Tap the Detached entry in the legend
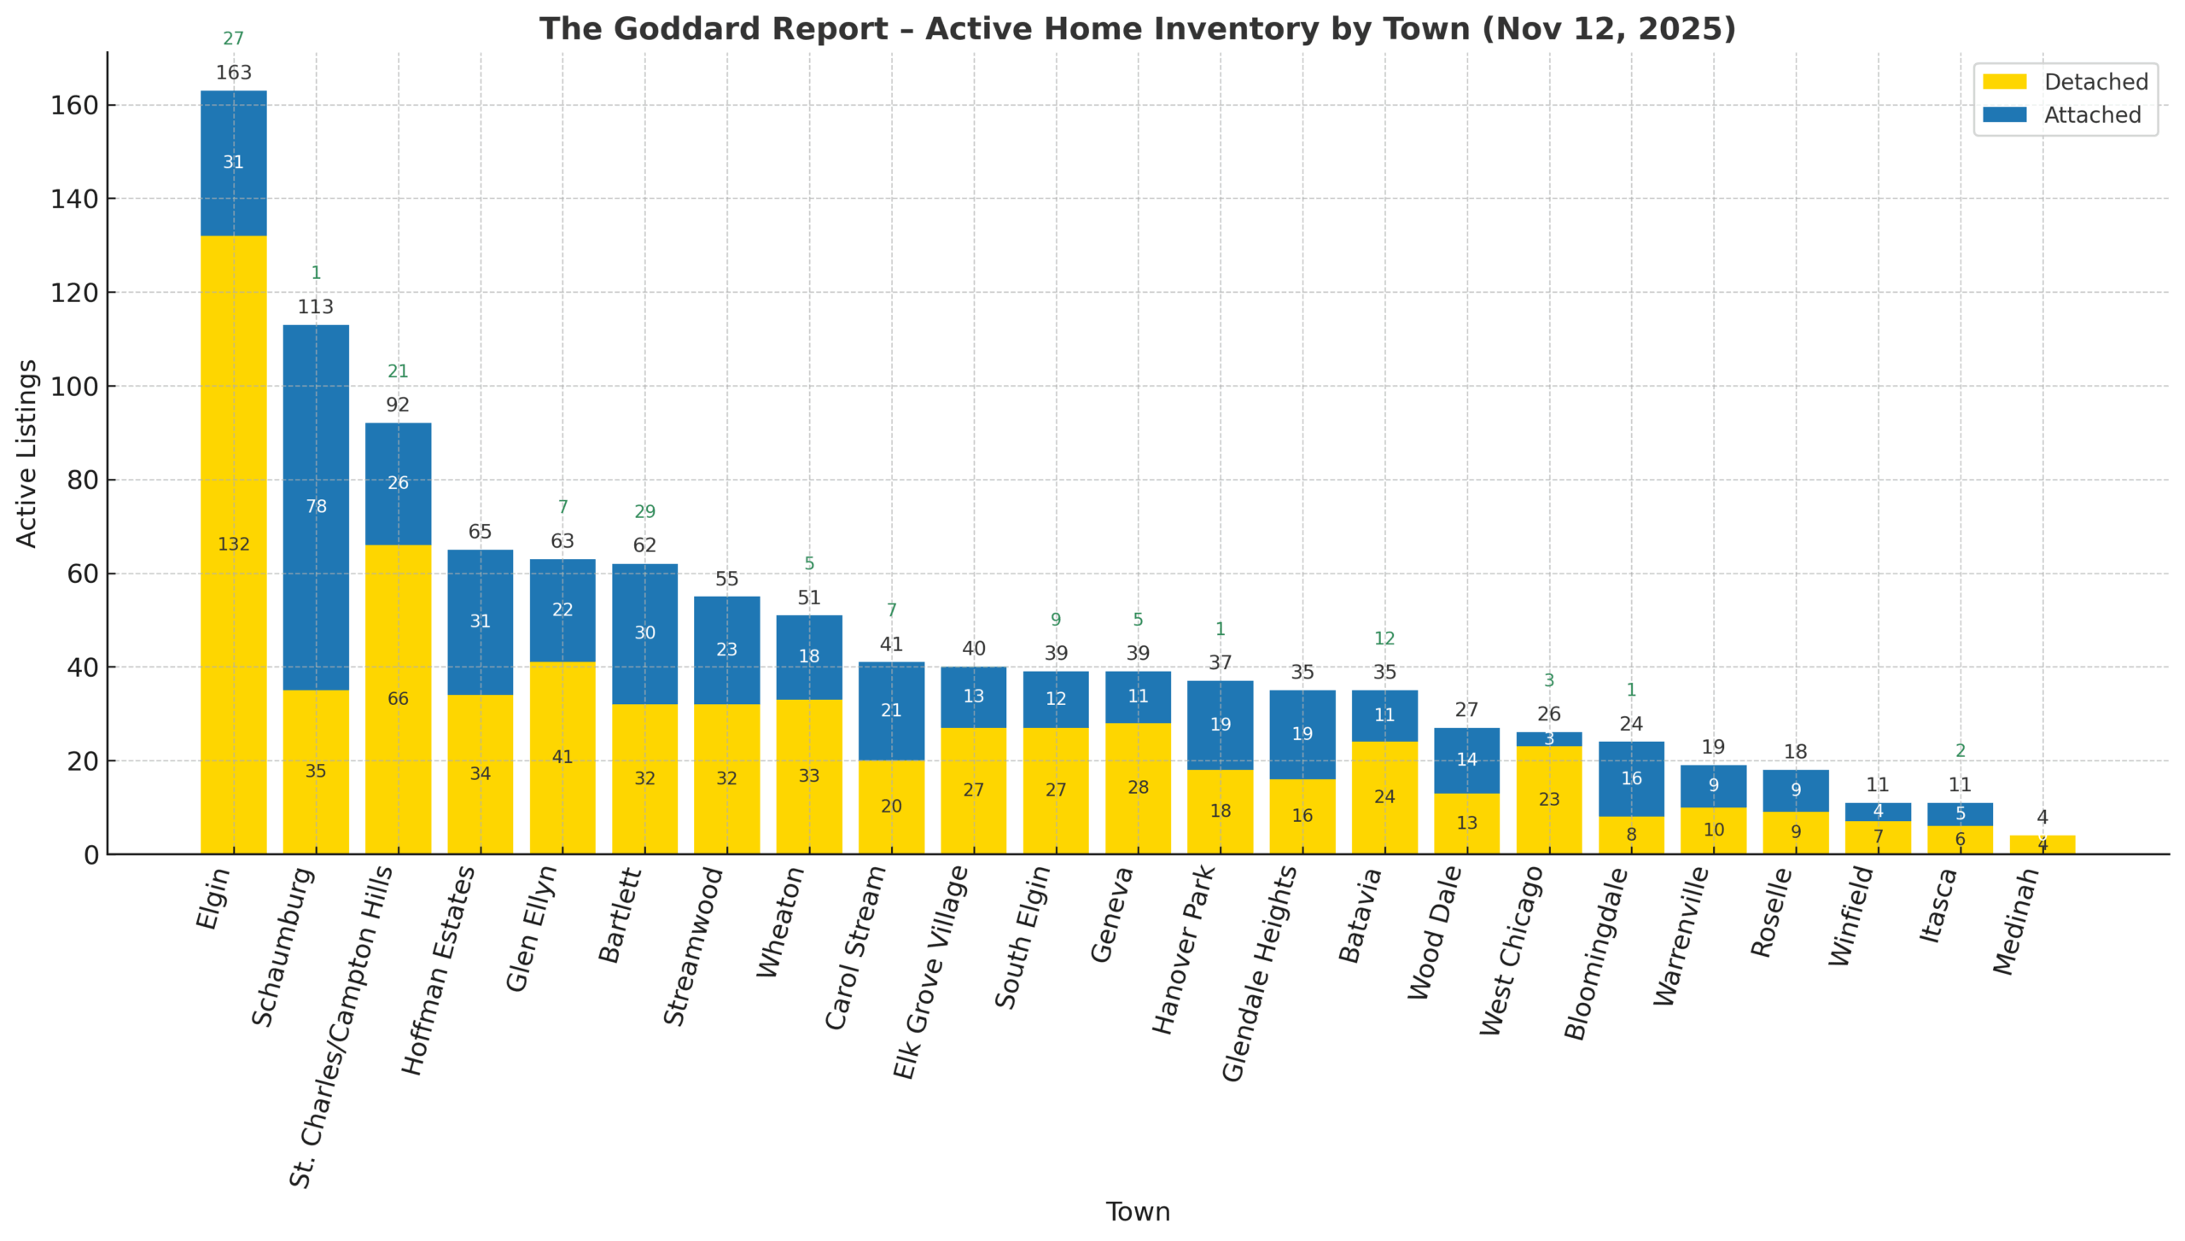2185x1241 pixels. (2095, 82)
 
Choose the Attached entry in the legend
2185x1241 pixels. (2091, 115)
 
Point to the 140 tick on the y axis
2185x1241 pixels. (75, 199)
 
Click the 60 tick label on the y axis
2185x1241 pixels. (83, 574)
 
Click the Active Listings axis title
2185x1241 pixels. (26, 453)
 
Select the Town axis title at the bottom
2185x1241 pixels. (1138, 1211)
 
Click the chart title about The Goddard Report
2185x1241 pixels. (1137, 29)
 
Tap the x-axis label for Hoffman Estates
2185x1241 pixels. (437, 970)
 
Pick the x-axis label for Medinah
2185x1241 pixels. (2016, 922)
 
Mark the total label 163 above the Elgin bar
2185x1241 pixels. (233, 73)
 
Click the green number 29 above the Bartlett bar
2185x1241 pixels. (644, 511)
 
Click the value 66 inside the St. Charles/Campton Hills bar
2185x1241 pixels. (398, 699)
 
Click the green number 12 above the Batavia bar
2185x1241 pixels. (1384, 638)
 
